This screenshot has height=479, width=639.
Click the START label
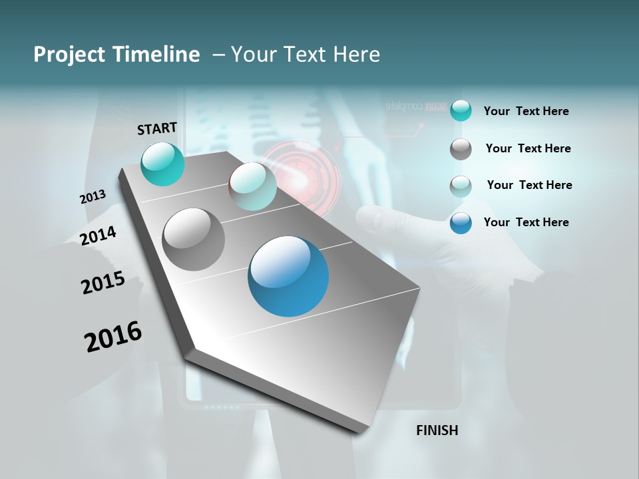click(157, 128)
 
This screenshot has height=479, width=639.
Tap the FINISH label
click(437, 430)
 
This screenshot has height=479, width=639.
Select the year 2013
click(93, 197)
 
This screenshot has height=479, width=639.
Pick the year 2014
click(98, 236)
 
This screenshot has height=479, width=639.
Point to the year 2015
click(103, 283)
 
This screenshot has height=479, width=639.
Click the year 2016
click(113, 336)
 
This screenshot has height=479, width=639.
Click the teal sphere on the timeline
click(163, 164)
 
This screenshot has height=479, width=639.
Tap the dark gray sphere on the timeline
click(194, 239)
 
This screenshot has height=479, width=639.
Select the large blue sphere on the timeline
click(288, 276)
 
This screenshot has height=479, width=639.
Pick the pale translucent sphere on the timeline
click(252, 186)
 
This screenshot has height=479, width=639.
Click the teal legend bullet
click(461, 111)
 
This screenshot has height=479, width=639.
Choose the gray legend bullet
click(461, 149)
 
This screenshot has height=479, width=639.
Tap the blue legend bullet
click(461, 223)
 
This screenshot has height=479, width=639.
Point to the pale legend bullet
click(461, 186)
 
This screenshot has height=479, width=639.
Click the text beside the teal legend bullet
click(526, 111)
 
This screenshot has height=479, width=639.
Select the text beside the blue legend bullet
click(526, 222)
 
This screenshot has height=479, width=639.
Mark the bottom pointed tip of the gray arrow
click(360, 432)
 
